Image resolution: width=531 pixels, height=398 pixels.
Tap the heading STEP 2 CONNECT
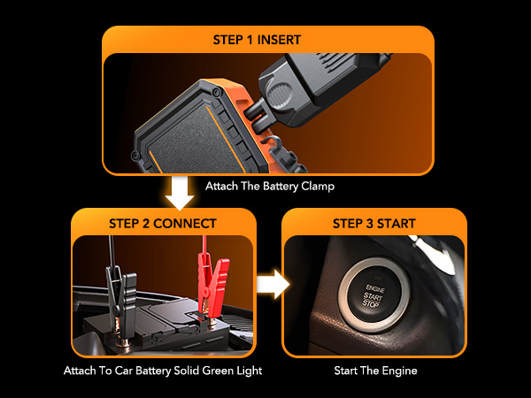pyautogui.click(x=164, y=223)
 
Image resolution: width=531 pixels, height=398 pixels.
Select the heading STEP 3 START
pyautogui.click(x=373, y=223)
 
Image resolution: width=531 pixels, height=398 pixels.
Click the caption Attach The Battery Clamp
pyautogui.click(x=269, y=187)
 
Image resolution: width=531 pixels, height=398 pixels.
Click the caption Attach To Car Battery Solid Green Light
pyautogui.click(x=163, y=371)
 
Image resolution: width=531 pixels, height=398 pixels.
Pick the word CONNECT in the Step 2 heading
pyautogui.click(x=185, y=223)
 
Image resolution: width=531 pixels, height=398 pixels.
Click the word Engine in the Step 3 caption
pyautogui.click(x=398, y=371)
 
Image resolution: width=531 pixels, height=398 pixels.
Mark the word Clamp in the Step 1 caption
pyautogui.click(x=316, y=187)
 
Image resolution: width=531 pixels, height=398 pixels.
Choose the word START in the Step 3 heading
pyautogui.click(x=395, y=223)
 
